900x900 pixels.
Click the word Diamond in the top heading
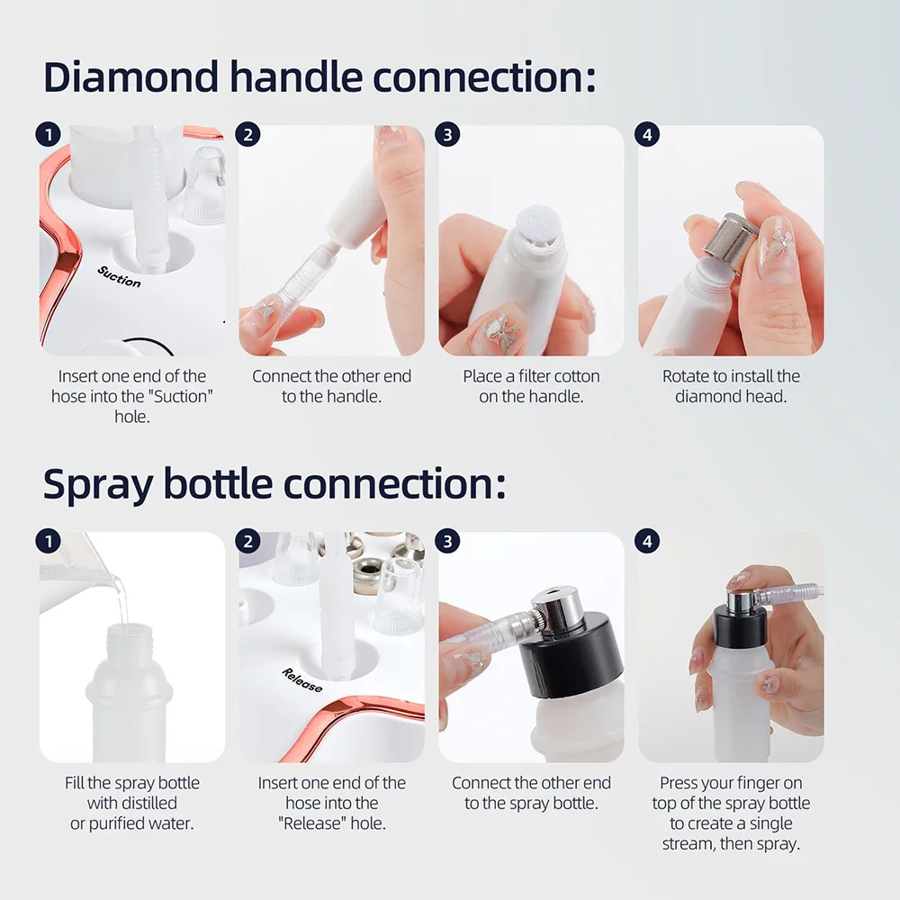pos(130,77)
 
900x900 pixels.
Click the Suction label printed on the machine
pos(120,276)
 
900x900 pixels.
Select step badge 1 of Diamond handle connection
pos(48,135)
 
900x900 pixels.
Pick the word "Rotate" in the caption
pos(686,376)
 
